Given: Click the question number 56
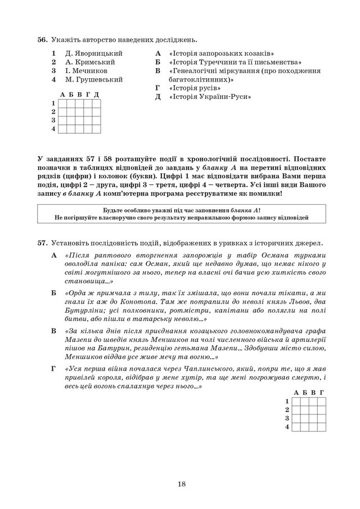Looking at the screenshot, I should coord(42,40).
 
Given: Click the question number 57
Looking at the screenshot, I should coord(42,243).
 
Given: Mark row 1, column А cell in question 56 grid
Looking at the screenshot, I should coord(62,103).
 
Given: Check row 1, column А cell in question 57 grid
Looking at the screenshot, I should coord(296,401).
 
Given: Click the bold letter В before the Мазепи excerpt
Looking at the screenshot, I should coord(54,330).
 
